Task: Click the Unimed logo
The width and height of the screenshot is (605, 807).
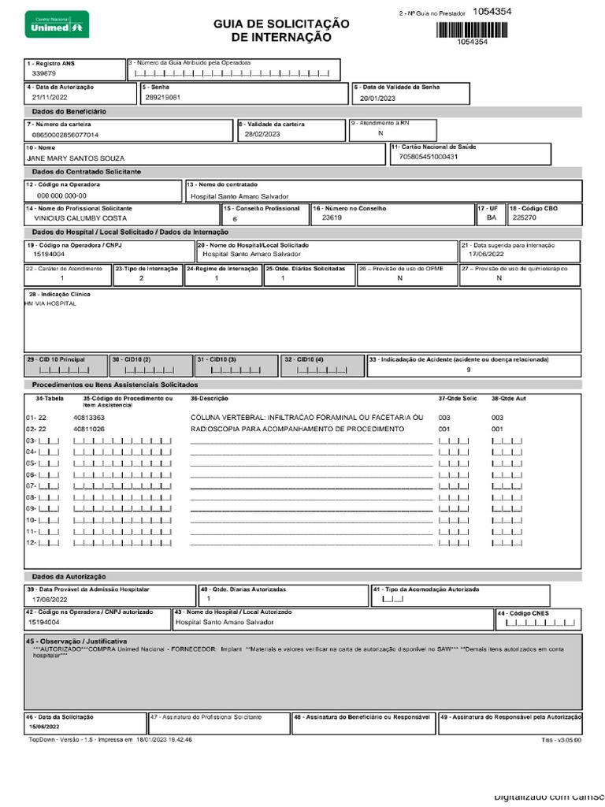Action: pos(56,24)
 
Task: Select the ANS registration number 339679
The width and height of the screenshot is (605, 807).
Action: pos(43,73)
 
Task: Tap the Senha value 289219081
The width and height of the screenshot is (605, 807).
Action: pos(163,97)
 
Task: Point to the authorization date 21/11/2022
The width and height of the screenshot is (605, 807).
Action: pos(50,97)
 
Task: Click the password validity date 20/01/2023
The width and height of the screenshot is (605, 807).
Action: pos(379,99)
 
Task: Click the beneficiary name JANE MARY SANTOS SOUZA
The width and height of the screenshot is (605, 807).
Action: pos(76,158)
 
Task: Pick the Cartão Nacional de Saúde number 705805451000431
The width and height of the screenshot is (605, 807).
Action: pos(429,156)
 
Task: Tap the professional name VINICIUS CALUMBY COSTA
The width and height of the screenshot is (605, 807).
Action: pos(76,218)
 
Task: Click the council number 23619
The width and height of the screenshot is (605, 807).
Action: pos(332,218)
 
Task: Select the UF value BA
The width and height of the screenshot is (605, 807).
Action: pos(492,218)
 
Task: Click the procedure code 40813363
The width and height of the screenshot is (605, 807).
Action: pos(89,417)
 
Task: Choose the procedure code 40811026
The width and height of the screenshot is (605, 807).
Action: pos(89,429)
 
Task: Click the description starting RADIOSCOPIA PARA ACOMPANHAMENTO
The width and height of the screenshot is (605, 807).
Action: pos(297,429)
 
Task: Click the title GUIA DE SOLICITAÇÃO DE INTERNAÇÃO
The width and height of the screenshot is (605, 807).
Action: pos(281,31)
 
